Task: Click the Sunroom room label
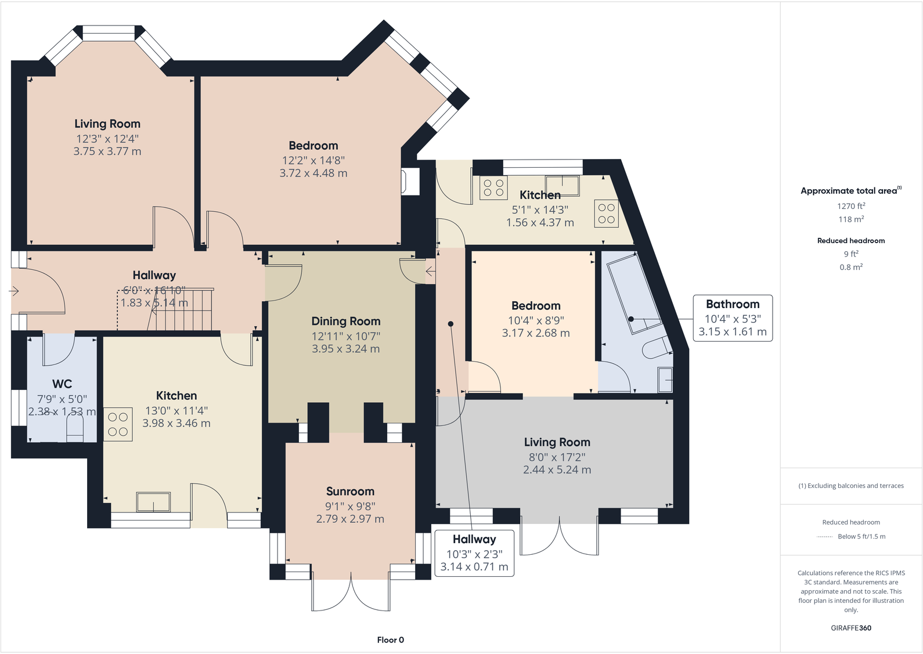[350, 492]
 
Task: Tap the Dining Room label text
[346, 321]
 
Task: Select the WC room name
[62, 384]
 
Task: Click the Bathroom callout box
[733, 317]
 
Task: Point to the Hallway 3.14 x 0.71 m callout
[474, 553]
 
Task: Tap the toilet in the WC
[75, 431]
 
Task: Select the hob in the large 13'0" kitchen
[118, 424]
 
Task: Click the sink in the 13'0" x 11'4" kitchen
[153, 502]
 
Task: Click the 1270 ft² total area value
[851, 206]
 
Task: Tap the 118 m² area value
[851, 219]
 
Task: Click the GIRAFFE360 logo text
[851, 628]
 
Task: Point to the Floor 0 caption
[390, 640]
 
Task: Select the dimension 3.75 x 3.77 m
[107, 151]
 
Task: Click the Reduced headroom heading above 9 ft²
[851, 241]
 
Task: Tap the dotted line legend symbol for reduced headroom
[824, 537]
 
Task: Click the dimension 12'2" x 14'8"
[313, 161]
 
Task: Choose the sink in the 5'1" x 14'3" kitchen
[562, 186]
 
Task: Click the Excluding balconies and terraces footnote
[851, 486]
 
